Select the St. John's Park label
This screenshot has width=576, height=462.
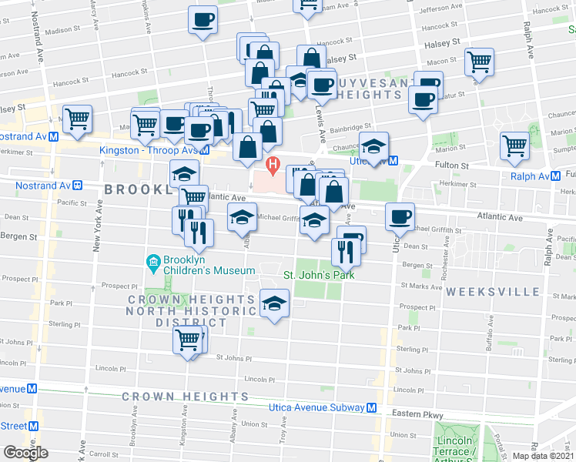(x=318, y=275)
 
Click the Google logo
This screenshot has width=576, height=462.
(x=25, y=452)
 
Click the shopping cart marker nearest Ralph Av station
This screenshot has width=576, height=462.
(x=514, y=145)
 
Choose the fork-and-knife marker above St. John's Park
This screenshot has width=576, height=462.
(x=343, y=249)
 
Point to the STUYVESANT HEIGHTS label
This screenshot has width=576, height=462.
(x=362, y=95)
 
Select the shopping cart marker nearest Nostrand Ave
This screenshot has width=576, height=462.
(x=77, y=119)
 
